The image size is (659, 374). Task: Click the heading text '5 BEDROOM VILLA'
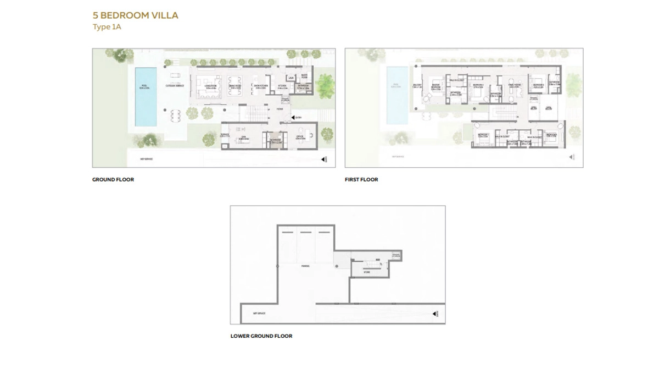click(x=135, y=15)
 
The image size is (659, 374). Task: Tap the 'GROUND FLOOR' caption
click(x=113, y=179)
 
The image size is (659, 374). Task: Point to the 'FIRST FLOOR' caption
click(x=361, y=179)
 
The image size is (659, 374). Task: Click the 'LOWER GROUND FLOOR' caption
click(x=261, y=335)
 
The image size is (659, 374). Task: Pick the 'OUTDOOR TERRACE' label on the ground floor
click(x=175, y=86)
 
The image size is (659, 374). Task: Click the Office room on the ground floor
click(x=302, y=137)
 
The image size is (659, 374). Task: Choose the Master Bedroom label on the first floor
click(x=435, y=86)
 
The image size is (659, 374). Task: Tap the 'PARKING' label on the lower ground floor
click(x=305, y=266)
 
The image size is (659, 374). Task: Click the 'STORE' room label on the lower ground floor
click(x=367, y=272)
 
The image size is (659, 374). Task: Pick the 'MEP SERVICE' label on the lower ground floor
click(x=259, y=313)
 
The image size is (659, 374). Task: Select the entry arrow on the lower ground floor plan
click(x=435, y=313)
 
